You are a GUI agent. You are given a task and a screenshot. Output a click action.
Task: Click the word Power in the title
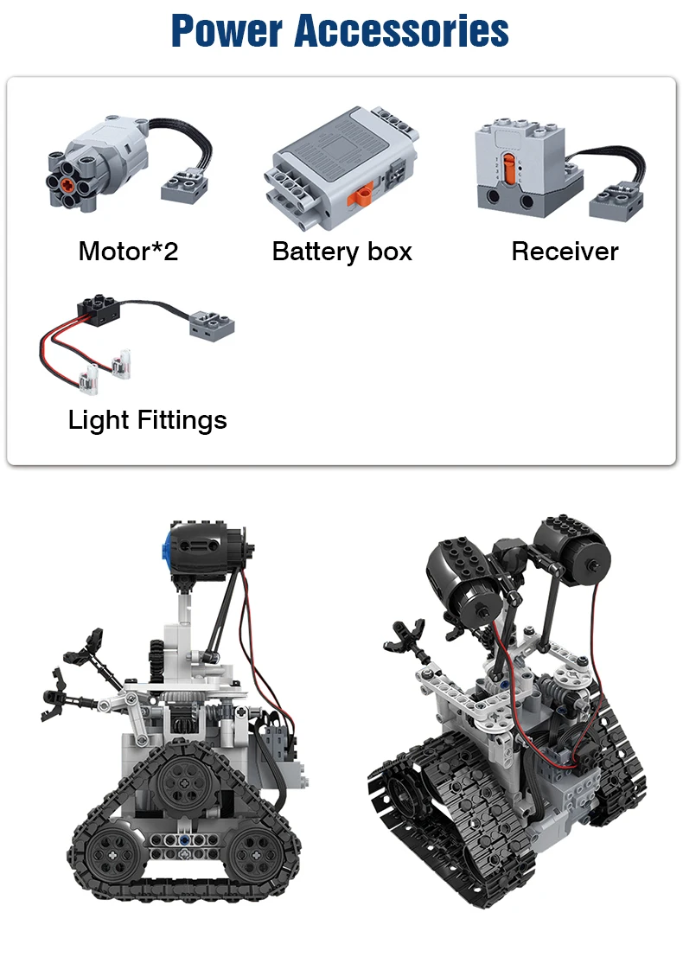[x=227, y=30]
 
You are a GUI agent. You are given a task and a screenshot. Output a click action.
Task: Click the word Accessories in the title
[x=402, y=30]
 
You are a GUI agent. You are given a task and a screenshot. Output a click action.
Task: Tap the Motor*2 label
[x=128, y=251]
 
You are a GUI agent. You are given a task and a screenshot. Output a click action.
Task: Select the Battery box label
[x=341, y=252]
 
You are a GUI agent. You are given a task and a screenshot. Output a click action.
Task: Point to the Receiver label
[x=565, y=251]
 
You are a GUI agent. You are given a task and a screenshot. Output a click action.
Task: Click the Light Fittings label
[x=147, y=420]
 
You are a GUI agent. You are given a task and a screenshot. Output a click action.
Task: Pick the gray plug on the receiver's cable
[x=616, y=199]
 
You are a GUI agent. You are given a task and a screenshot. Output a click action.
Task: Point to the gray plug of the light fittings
[x=212, y=325]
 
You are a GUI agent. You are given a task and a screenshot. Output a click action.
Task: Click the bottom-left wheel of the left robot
[x=111, y=852]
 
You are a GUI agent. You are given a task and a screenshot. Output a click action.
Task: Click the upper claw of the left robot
[x=84, y=648]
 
